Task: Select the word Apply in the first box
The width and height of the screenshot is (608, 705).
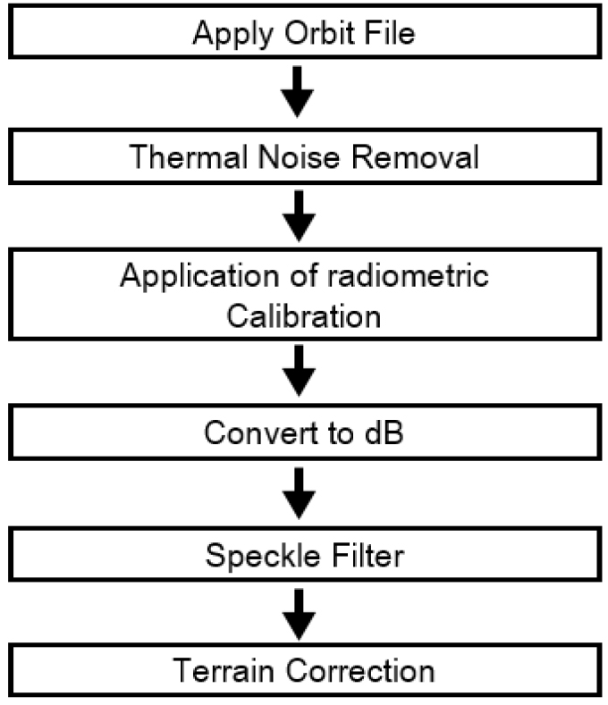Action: (x=233, y=35)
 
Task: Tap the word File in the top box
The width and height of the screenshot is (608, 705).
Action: (x=390, y=32)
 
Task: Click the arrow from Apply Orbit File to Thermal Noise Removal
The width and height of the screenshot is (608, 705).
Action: (x=297, y=92)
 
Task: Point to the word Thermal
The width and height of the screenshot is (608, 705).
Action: (x=188, y=157)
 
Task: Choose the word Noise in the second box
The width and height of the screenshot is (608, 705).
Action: (x=299, y=157)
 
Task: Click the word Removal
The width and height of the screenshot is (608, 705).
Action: (x=415, y=157)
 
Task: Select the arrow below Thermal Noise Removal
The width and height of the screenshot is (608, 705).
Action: (x=299, y=216)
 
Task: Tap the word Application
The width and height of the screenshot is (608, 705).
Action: (x=199, y=277)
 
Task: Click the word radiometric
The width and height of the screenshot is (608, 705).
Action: (x=408, y=275)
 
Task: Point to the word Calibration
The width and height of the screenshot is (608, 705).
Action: (x=303, y=316)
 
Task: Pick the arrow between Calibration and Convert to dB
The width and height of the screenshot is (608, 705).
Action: (x=299, y=371)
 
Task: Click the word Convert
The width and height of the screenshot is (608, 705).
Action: (x=261, y=432)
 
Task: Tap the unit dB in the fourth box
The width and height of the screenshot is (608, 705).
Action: (x=384, y=432)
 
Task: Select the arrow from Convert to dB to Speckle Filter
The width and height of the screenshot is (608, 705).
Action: (x=299, y=494)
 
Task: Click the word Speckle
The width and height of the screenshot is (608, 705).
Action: (x=262, y=557)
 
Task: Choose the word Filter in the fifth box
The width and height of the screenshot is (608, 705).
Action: (x=367, y=555)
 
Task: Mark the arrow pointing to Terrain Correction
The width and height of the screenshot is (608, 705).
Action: (x=299, y=615)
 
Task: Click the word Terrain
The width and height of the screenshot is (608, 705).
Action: (x=224, y=670)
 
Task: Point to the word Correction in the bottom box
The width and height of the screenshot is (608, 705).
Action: (x=360, y=670)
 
